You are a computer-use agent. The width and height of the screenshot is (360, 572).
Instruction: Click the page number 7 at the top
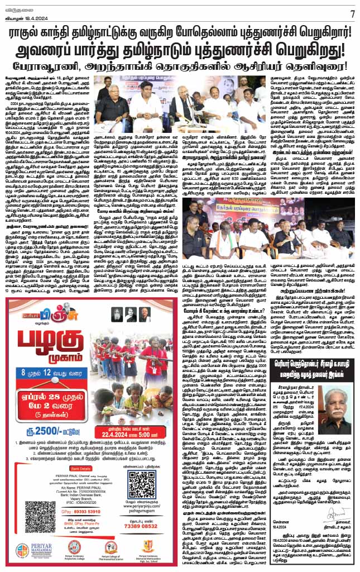coord(352,12)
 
